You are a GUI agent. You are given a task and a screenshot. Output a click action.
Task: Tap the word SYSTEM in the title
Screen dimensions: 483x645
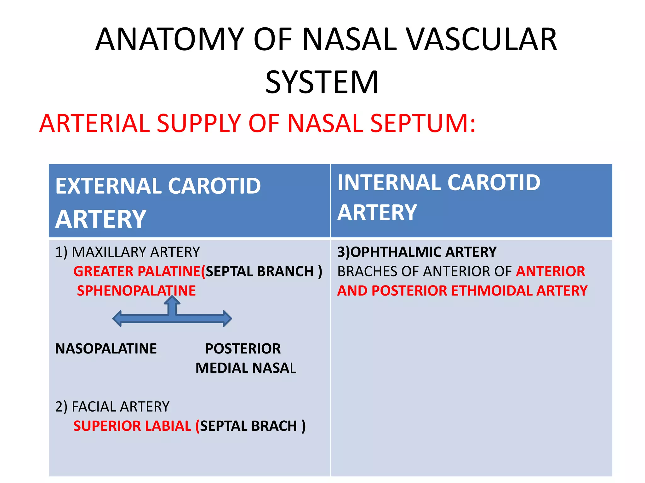coord(322,82)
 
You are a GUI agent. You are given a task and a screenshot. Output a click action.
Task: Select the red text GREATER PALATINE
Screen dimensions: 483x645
coord(137,271)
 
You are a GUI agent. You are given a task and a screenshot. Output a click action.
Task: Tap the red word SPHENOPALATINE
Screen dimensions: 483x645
coord(136,291)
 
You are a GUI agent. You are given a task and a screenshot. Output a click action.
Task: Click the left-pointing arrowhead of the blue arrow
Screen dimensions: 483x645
coord(117,319)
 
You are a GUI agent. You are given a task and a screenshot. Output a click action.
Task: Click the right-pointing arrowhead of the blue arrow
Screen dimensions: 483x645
coord(227,319)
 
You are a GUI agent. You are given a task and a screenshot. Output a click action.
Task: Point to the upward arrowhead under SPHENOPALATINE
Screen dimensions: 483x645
coord(172,300)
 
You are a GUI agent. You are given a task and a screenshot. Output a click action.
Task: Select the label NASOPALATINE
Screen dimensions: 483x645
coord(106,349)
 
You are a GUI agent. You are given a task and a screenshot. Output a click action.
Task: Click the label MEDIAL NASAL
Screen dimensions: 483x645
coord(246,368)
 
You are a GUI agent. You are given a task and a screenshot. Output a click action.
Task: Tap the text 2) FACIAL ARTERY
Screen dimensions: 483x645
coord(112,407)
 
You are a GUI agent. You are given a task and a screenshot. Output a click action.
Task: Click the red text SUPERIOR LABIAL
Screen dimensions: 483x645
coord(132,426)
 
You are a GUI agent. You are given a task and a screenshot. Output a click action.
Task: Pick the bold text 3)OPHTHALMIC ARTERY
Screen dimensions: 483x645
coord(417,252)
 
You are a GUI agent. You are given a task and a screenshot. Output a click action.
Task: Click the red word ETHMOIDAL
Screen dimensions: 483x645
coord(491,291)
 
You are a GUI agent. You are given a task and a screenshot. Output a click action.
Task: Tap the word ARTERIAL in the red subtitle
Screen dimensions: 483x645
coord(94,123)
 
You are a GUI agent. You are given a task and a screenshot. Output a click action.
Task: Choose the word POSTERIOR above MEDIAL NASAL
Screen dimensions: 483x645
coord(243,349)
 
